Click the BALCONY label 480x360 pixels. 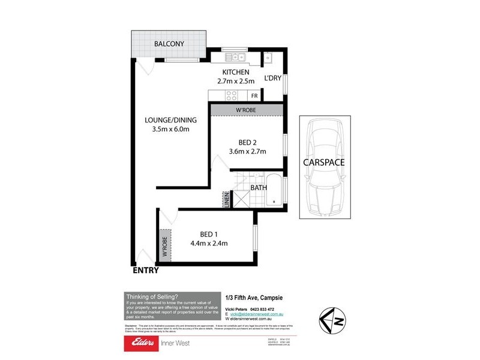[169, 44]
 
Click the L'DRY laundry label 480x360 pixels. [273, 79]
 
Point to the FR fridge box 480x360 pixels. [254, 95]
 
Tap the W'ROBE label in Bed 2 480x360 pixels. [245, 110]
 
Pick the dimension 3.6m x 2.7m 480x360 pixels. [248, 151]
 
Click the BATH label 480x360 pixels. [259, 188]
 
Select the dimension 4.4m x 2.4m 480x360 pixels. [209, 243]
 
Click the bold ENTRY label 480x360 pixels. [146, 271]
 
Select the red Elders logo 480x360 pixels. [140, 344]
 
